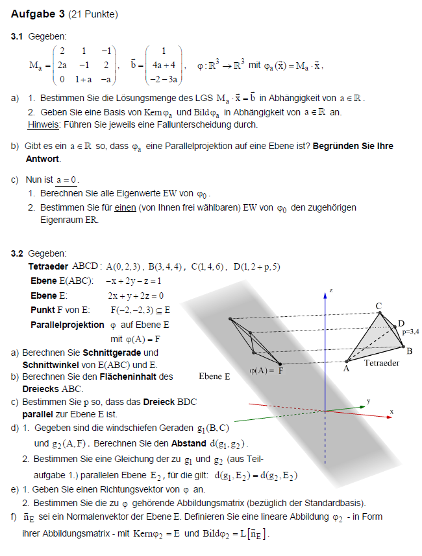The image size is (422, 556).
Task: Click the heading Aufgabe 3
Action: coord(33,14)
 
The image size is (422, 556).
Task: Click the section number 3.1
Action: coord(18,37)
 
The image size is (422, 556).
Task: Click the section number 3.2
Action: coord(18,253)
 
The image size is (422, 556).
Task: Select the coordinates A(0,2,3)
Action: coord(125,266)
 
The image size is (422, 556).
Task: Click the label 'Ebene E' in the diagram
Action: coord(214,376)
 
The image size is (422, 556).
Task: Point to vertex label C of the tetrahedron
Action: coord(379,305)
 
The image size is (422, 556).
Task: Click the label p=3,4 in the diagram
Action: coord(410,332)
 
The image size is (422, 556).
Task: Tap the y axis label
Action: coord(368,401)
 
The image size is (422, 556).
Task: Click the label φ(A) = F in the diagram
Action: coord(266,372)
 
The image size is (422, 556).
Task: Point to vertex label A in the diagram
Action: coord(347,369)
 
